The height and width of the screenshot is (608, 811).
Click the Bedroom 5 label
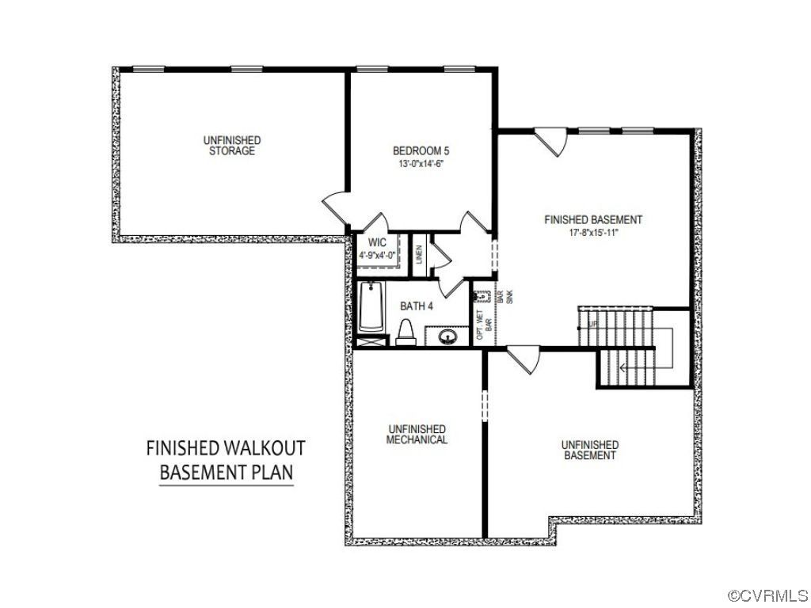point(421,151)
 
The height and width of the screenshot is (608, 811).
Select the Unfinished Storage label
point(232,146)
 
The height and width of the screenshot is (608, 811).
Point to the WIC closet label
point(377,242)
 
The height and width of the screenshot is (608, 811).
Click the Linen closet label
point(419,254)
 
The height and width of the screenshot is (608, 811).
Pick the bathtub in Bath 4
point(371,306)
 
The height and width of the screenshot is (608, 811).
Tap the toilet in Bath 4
point(405,332)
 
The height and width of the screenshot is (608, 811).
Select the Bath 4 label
point(417,306)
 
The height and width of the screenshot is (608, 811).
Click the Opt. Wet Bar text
point(484,325)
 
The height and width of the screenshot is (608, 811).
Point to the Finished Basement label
point(593,220)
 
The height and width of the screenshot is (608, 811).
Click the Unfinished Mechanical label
point(417,435)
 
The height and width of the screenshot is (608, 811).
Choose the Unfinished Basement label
point(590,450)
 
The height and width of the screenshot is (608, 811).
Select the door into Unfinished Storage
point(336,208)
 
